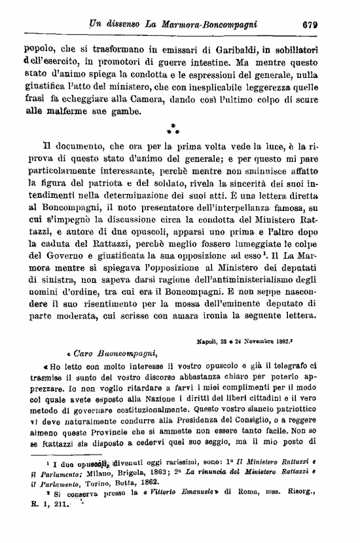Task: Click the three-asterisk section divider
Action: (x=173, y=128)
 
